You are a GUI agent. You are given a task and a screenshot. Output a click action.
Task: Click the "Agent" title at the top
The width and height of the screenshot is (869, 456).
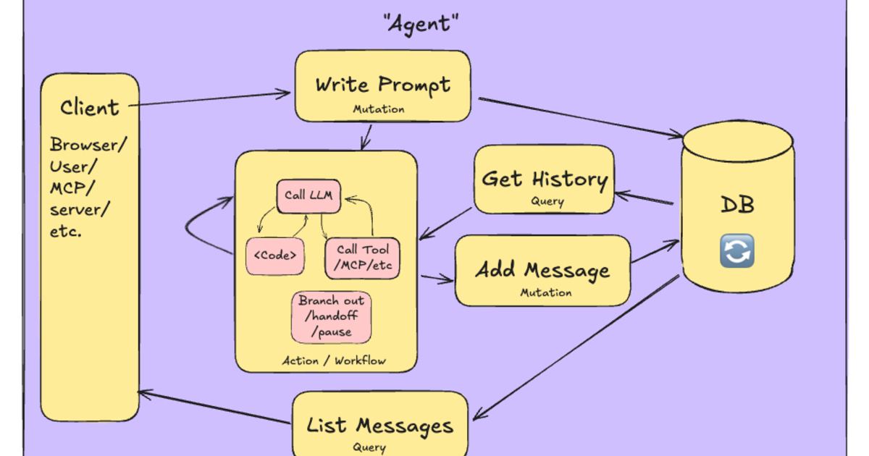[x=421, y=24]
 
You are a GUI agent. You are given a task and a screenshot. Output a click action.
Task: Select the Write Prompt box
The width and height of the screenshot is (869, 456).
[x=382, y=85]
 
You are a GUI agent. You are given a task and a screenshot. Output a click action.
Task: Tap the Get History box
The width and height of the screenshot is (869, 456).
[x=544, y=179]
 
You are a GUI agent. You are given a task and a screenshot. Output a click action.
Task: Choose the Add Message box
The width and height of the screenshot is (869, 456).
[x=542, y=271]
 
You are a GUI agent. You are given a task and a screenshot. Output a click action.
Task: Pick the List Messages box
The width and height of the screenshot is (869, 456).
[x=379, y=425]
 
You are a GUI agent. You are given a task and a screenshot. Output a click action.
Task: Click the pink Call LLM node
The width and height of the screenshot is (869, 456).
[x=308, y=195]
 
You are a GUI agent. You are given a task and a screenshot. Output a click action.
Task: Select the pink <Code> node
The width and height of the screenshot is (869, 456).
[x=274, y=256]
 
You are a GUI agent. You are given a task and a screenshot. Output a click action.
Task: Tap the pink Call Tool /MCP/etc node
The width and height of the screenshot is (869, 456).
[x=362, y=257]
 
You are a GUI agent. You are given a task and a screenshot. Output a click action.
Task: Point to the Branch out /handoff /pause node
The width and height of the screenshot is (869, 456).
[x=332, y=316]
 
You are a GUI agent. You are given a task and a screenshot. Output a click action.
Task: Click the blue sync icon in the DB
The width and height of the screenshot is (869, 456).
[x=737, y=250]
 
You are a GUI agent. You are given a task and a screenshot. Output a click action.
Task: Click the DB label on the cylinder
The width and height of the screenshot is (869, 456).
[x=737, y=205]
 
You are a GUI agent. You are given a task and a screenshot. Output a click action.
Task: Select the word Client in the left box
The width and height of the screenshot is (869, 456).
[x=89, y=109]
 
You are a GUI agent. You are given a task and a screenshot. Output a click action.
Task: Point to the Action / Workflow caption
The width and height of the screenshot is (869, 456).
[x=334, y=360]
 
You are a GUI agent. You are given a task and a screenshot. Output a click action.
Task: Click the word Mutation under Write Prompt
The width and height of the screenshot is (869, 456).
[x=378, y=109]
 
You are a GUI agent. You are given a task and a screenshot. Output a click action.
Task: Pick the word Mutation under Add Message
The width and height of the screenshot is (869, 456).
[x=545, y=293]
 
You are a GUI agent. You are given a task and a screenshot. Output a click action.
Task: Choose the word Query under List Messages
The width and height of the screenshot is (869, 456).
[x=369, y=447]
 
